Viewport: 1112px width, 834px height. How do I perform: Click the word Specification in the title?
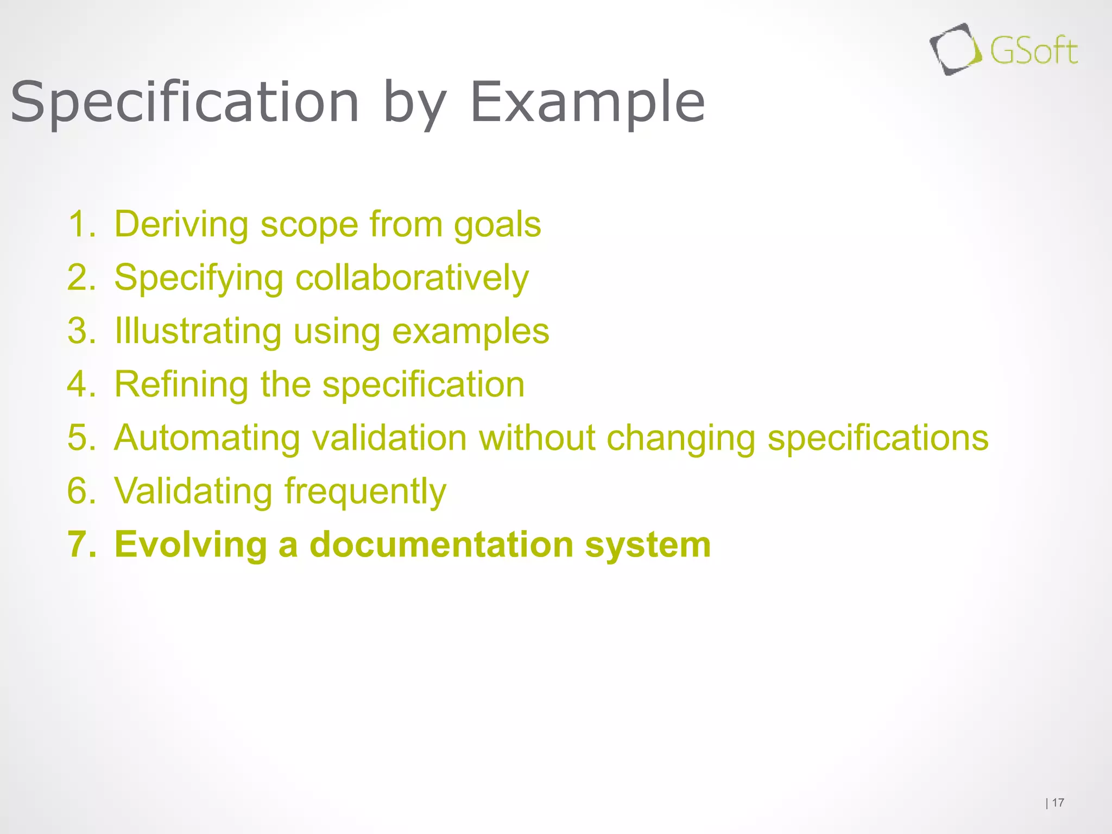185,103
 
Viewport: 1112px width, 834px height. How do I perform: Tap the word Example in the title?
587,103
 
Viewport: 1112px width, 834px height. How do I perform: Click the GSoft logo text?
1033,52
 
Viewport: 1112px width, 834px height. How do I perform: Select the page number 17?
1058,803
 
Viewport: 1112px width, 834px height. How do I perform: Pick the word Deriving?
182,224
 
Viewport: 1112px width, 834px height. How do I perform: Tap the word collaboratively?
412,278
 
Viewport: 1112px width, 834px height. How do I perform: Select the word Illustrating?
198,331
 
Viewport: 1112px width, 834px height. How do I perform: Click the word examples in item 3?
470,331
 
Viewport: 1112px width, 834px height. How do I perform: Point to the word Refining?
182,384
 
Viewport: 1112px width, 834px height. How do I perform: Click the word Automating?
207,438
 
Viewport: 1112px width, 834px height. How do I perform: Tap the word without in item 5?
536,438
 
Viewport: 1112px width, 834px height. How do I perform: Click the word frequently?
365,491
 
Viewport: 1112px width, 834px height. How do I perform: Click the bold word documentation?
441,544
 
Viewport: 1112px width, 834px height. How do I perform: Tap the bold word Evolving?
191,545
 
